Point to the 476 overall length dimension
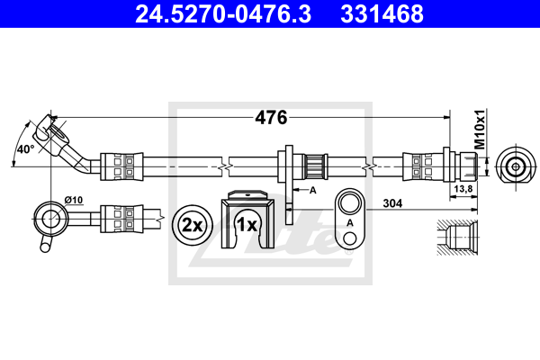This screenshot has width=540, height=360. click(x=271, y=118)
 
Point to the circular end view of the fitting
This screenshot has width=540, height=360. click(x=516, y=166)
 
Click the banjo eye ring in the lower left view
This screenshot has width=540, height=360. click(x=49, y=216)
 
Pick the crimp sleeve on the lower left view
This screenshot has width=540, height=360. click(x=120, y=217)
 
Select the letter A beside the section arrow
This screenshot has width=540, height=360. click(x=313, y=191)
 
